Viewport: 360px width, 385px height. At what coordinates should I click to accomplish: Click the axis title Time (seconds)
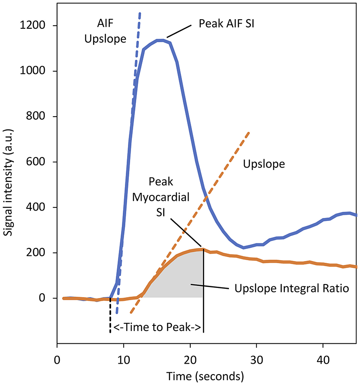[x=207, y=375]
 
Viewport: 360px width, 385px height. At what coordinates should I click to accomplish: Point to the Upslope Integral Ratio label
[x=292, y=288]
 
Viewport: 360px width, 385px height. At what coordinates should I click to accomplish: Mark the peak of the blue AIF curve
[x=162, y=40]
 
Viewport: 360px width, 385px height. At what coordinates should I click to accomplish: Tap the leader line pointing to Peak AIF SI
[x=178, y=31]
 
